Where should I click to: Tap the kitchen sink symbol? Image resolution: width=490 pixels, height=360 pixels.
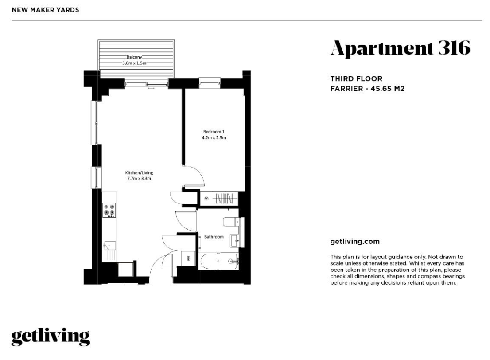[109, 246]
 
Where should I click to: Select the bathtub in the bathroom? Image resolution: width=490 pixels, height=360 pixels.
[219, 261]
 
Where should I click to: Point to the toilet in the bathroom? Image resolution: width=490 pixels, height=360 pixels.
[231, 222]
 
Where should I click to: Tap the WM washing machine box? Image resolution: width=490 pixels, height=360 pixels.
[188, 258]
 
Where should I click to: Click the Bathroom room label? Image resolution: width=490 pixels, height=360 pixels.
[214, 237]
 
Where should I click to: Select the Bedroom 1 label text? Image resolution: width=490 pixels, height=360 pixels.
[214, 132]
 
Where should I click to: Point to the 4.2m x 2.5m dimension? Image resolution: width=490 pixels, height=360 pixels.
[214, 137]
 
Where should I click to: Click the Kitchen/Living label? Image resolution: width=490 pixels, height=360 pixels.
[139, 172]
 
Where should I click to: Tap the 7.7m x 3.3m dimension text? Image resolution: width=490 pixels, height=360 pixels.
[139, 179]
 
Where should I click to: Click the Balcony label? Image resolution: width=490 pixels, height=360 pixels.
[134, 57]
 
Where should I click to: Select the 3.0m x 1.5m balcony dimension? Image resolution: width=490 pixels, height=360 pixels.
[134, 63]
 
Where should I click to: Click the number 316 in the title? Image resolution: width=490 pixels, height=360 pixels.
[455, 48]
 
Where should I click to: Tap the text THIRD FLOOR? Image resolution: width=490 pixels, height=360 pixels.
[356, 79]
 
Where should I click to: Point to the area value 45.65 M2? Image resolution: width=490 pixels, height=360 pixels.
[388, 89]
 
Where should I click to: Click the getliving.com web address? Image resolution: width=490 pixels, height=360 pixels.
[355, 242]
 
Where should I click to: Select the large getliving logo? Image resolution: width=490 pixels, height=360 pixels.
[51, 337]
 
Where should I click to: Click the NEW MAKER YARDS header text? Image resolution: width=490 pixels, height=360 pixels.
[45, 10]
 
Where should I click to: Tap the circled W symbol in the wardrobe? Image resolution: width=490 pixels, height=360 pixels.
[206, 199]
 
